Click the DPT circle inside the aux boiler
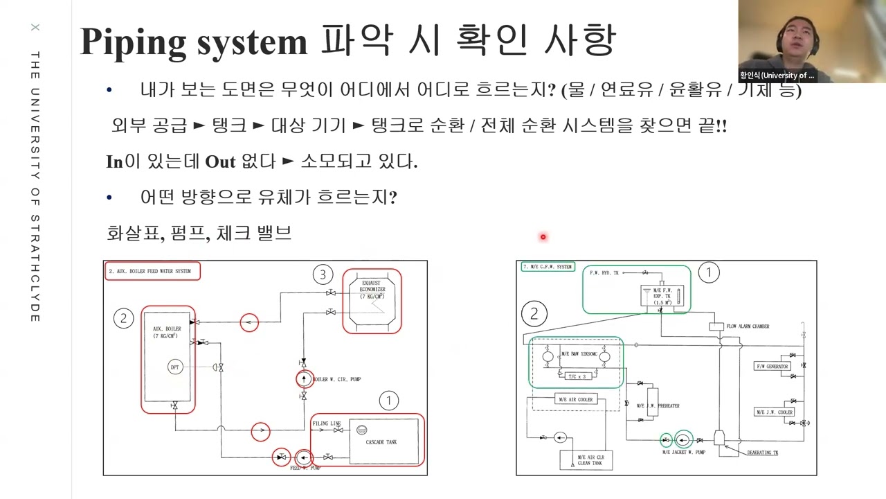175,367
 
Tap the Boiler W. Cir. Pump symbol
304,379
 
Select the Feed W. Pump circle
303,457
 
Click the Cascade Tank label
381,441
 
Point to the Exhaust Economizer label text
372,289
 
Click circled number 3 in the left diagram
322,274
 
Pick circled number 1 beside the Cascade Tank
388,401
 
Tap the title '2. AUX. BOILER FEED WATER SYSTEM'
152,271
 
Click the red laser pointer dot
543,237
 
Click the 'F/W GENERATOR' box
772,366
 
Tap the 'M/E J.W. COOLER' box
774,412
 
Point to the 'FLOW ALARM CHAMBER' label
748,326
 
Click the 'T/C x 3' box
576,376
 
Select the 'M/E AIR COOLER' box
576,399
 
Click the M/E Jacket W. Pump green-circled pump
683,439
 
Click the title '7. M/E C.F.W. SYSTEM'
548,267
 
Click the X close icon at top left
35,28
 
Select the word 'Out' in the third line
221,162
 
